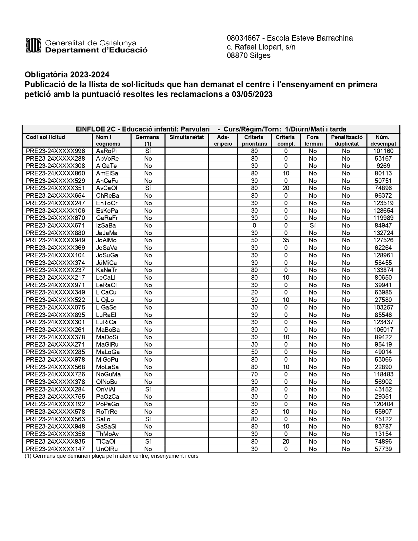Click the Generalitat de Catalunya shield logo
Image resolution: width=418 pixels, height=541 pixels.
[x=33, y=46]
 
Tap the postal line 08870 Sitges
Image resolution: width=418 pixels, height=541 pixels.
[x=249, y=55]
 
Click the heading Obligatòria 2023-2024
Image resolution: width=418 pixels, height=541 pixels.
[x=67, y=74]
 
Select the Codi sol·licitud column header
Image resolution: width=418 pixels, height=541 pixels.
[x=46, y=137]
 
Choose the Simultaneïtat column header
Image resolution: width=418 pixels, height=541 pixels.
[x=187, y=137]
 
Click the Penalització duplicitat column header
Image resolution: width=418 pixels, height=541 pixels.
[x=347, y=140]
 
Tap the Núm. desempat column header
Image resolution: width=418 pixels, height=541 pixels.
[x=383, y=140]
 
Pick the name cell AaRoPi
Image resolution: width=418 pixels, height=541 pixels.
[x=106, y=151]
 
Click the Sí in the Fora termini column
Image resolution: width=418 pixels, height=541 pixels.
[x=313, y=226]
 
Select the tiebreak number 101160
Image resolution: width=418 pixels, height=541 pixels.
[x=383, y=151]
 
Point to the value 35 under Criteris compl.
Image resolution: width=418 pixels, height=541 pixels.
[x=286, y=240]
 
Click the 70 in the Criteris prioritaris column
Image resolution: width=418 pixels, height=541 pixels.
[x=254, y=374]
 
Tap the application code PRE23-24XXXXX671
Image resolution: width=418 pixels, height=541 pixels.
[x=55, y=226]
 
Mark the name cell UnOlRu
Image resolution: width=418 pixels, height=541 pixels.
[x=107, y=449]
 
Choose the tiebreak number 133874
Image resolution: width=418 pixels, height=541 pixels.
[x=383, y=270]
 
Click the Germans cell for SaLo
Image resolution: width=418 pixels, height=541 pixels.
[x=148, y=419]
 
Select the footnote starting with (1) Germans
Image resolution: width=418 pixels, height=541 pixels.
[x=111, y=456]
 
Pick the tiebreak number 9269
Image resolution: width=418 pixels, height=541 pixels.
[x=383, y=166]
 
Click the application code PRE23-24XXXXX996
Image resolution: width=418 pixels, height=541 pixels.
[x=55, y=151]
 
